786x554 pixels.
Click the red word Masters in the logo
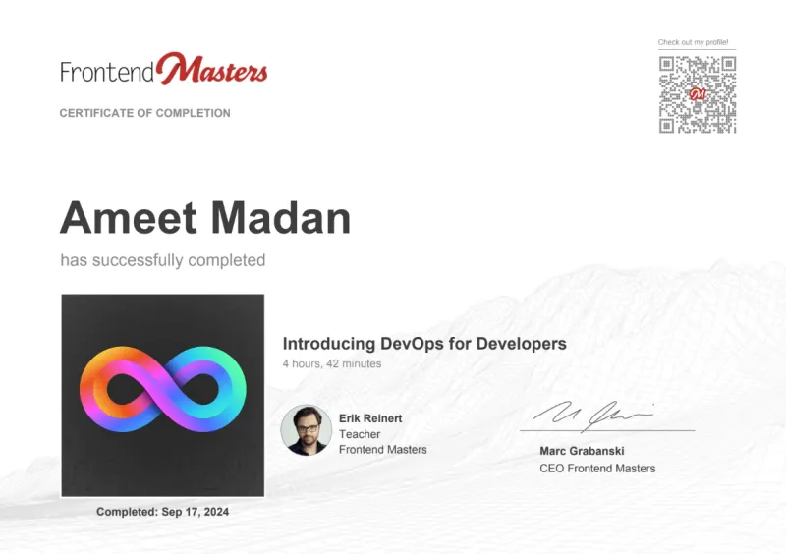(212, 70)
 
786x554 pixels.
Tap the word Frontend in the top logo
(107, 73)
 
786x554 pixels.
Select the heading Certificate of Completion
(144, 113)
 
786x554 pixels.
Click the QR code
(698, 94)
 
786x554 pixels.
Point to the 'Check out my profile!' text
(693, 42)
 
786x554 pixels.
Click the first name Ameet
(128, 218)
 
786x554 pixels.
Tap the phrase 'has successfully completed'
(163, 260)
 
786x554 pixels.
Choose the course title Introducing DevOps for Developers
(424, 344)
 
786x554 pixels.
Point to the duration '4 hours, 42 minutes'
(332, 363)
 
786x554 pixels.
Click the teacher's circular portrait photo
(306, 430)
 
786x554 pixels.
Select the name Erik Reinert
(370, 418)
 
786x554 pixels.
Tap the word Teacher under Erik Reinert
(360, 434)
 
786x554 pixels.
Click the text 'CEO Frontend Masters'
(597, 469)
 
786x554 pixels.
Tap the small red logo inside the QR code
(698, 94)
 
